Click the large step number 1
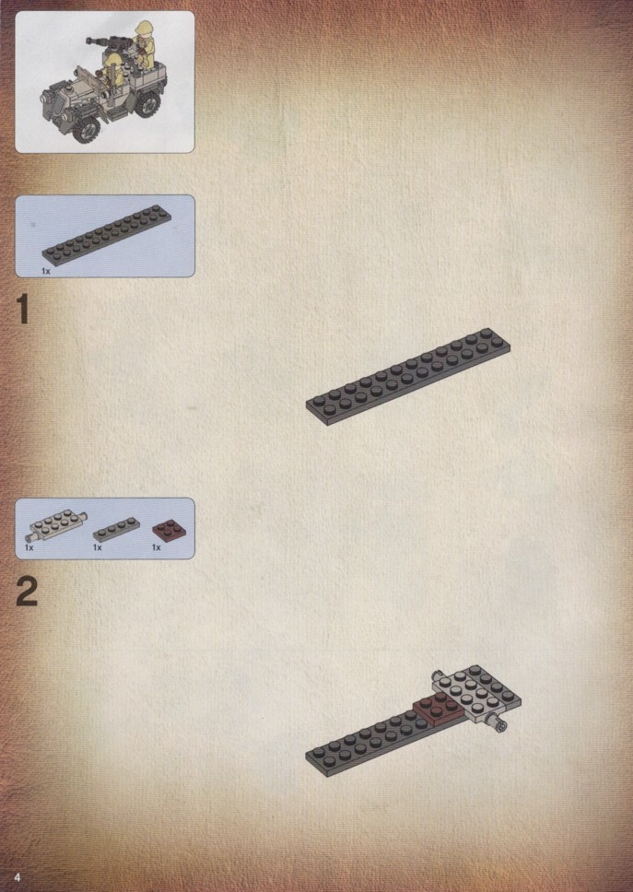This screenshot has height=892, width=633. [23, 310]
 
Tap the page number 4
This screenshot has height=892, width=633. [18, 876]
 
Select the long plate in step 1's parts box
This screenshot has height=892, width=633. [107, 234]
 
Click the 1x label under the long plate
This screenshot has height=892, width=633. [45, 271]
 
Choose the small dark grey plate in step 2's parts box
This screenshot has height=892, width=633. [116, 529]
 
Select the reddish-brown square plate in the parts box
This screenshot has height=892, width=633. [169, 530]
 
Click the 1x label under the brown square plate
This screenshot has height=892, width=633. [156, 547]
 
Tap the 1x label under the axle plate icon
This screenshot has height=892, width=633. [29, 547]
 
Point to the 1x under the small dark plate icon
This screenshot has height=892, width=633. [98, 547]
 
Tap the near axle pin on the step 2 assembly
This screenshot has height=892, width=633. [499, 725]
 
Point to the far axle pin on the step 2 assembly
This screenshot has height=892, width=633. [438, 675]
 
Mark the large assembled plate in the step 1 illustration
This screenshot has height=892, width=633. [408, 377]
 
